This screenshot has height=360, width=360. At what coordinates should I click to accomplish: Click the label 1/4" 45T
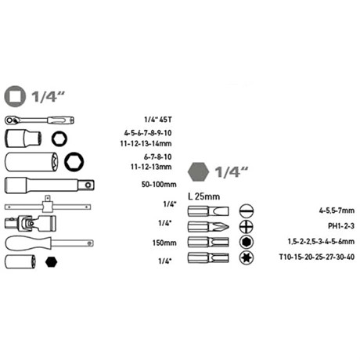click(x=160, y=119)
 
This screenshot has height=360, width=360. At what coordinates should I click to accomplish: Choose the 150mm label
click(x=166, y=243)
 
